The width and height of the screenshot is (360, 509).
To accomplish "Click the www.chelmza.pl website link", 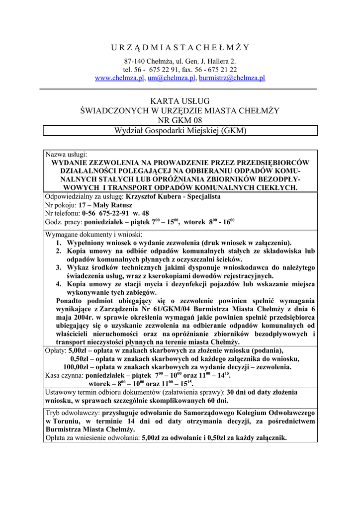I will tap(119, 78).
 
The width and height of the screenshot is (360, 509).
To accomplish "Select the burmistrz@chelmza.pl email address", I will tap(232, 78).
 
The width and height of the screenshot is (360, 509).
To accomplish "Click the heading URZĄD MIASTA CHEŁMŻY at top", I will tap(180, 48).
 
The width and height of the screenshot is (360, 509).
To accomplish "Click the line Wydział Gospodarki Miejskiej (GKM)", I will tap(180, 131).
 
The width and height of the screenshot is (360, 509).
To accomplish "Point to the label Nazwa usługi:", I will tap(66, 155).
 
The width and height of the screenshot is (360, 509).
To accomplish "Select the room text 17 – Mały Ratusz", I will tap(105, 205).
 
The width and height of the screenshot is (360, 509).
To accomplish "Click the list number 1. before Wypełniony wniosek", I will tap(59, 243).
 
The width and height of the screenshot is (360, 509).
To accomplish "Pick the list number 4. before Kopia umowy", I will tap(59, 284).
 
